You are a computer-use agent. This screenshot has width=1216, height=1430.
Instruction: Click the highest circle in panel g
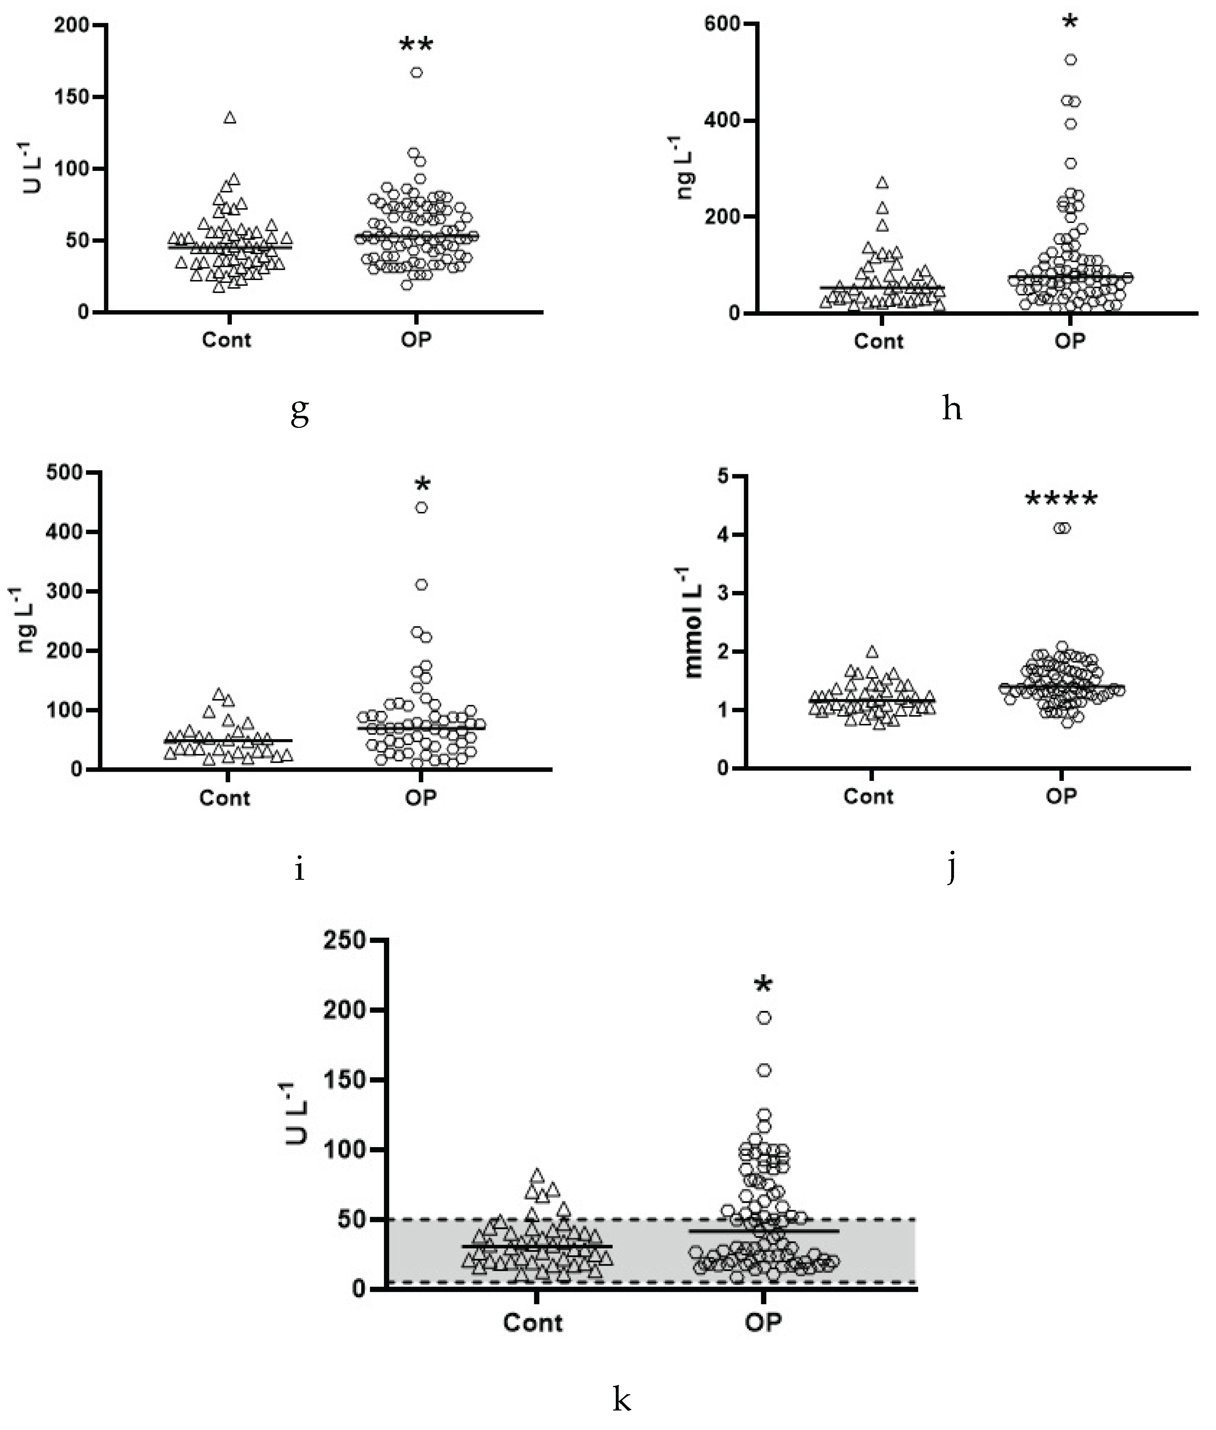tap(416, 72)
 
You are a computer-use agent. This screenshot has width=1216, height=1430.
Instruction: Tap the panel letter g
tap(299, 412)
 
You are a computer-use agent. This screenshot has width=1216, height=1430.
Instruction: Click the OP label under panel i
tap(420, 797)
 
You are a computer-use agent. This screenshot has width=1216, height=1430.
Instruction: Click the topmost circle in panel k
tap(764, 1018)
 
